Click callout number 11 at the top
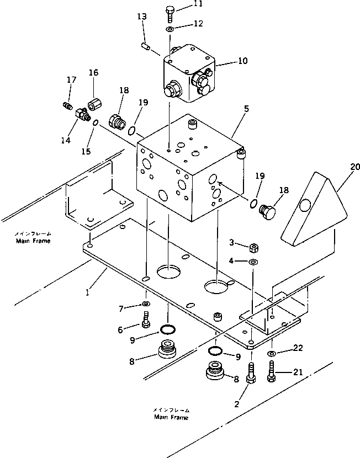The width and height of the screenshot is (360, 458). (183, 4)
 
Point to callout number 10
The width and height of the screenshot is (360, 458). (243, 61)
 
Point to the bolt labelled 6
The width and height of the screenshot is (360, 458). (146, 319)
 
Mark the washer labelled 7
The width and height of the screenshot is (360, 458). (145, 304)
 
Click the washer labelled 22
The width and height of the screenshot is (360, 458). (272, 354)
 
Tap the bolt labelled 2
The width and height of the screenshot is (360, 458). (252, 373)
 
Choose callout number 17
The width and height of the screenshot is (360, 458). (71, 79)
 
